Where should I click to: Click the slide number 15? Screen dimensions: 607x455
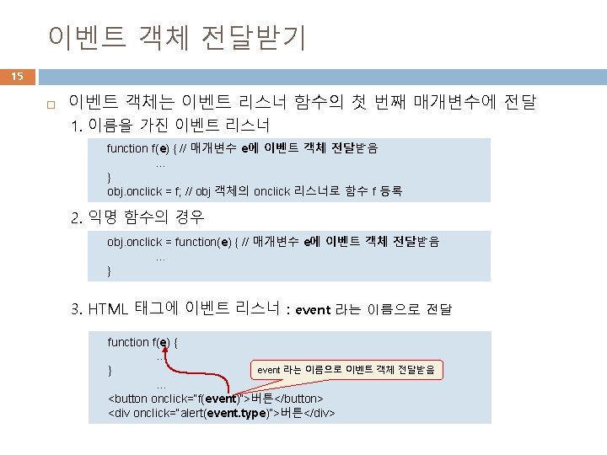(x=17, y=77)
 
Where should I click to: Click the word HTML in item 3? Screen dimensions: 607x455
(x=108, y=308)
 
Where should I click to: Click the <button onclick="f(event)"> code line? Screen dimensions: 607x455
(x=216, y=398)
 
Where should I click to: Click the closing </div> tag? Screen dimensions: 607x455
(x=320, y=413)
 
